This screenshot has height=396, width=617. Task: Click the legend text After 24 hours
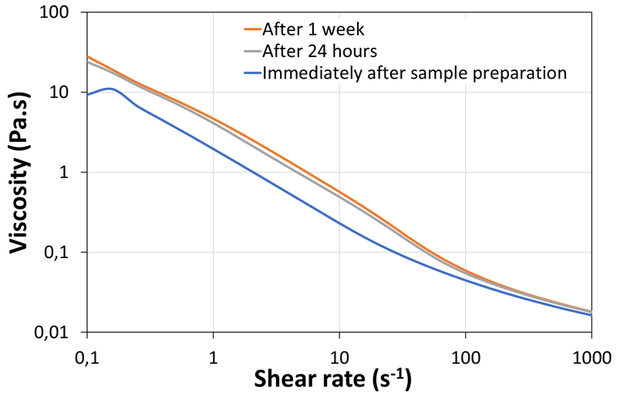(319, 52)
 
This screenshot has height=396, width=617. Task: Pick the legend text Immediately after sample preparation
(415, 73)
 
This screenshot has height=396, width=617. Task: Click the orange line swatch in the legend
(248, 30)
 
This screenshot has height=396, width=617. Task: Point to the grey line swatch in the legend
(248, 52)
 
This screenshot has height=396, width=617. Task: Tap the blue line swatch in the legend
(248, 73)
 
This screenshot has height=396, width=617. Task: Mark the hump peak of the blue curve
(110, 89)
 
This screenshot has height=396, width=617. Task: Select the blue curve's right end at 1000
(591, 314)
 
